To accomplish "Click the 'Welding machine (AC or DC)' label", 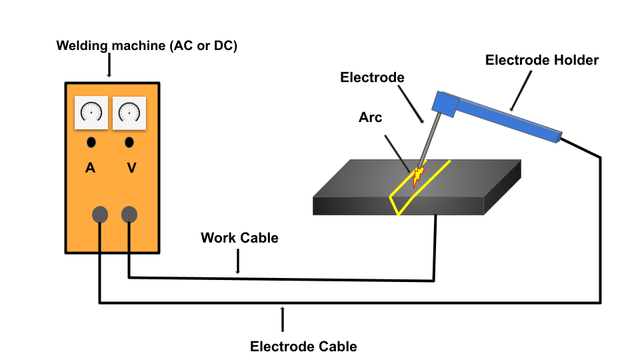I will pyautogui.click(x=147, y=46).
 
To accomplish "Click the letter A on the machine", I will pyautogui.click(x=91, y=168).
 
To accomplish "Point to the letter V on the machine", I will pyautogui.click(x=131, y=168).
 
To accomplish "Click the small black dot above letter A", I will pyautogui.click(x=91, y=142).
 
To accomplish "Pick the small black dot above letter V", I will pyautogui.click(x=129, y=142).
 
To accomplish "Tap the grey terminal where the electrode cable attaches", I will pyautogui.click(x=99, y=214).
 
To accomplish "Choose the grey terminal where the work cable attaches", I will pyautogui.click(x=129, y=214).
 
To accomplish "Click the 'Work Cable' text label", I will pyautogui.click(x=239, y=238).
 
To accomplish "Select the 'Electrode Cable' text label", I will pyautogui.click(x=303, y=347).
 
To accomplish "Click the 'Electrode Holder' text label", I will pyautogui.click(x=541, y=60).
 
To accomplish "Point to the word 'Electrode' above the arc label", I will pyautogui.click(x=372, y=77).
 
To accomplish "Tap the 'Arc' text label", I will pyautogui.click(x=370, y=117).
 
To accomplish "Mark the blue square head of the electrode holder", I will pyautogui.click(x=445, y=102).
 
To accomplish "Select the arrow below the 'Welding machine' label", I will pyautogui.click(x=109, y=67).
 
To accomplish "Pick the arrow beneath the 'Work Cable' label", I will pyautogui.click(x=238, y=263).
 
